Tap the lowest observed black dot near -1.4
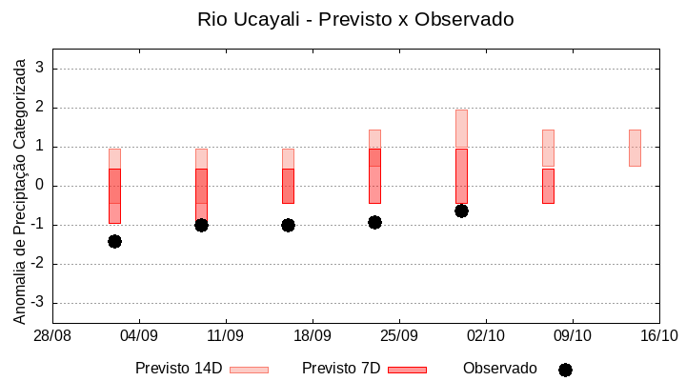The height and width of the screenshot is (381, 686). coord(114,241)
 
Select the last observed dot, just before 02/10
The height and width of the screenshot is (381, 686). coord(461,211)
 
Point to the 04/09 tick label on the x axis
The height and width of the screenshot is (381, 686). coord(139,335)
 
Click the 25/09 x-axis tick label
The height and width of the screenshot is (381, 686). coord(399,335)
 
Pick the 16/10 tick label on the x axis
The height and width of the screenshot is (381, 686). coord(658,335)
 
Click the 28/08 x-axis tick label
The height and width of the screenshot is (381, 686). coord(52,335)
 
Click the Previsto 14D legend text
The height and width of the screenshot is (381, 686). coord(178,369)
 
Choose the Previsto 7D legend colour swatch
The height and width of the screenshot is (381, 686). coord(407,370)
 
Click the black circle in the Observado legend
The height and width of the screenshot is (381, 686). coord(565,370)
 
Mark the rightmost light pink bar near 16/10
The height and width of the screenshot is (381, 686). coord(635,148)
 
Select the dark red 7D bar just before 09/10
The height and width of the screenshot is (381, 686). coord(548,186)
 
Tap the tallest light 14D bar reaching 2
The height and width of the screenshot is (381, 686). coord(461,129)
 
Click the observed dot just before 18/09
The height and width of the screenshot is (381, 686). coord(288,225)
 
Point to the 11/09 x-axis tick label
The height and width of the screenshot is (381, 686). coord(226,335)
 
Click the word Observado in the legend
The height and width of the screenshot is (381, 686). coord(499,369)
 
